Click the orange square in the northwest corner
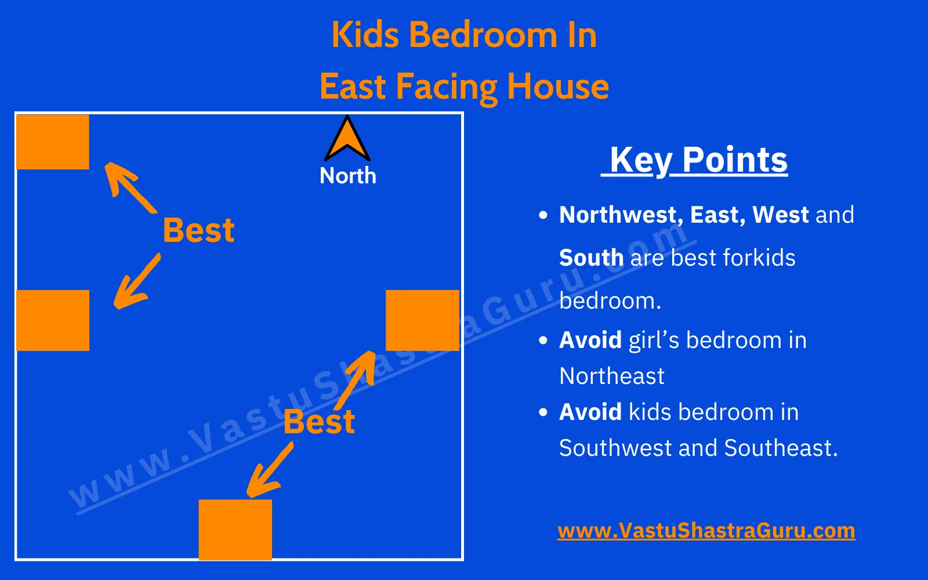pos(53,142)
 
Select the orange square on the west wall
pos(53,320)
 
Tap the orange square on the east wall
pos(422,320)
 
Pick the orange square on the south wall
pos(235,530)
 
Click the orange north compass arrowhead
pos(347,140)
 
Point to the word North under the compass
pos(347,176)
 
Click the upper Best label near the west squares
pos(198,230)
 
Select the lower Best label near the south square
pos(319,422)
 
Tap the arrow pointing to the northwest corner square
pos(129,187)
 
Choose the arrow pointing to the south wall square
pos(270,470)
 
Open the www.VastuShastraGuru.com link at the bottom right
pos(706,531)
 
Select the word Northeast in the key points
pos(612,376)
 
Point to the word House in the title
pos(558,87)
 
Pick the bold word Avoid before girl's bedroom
pos(590,340)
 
